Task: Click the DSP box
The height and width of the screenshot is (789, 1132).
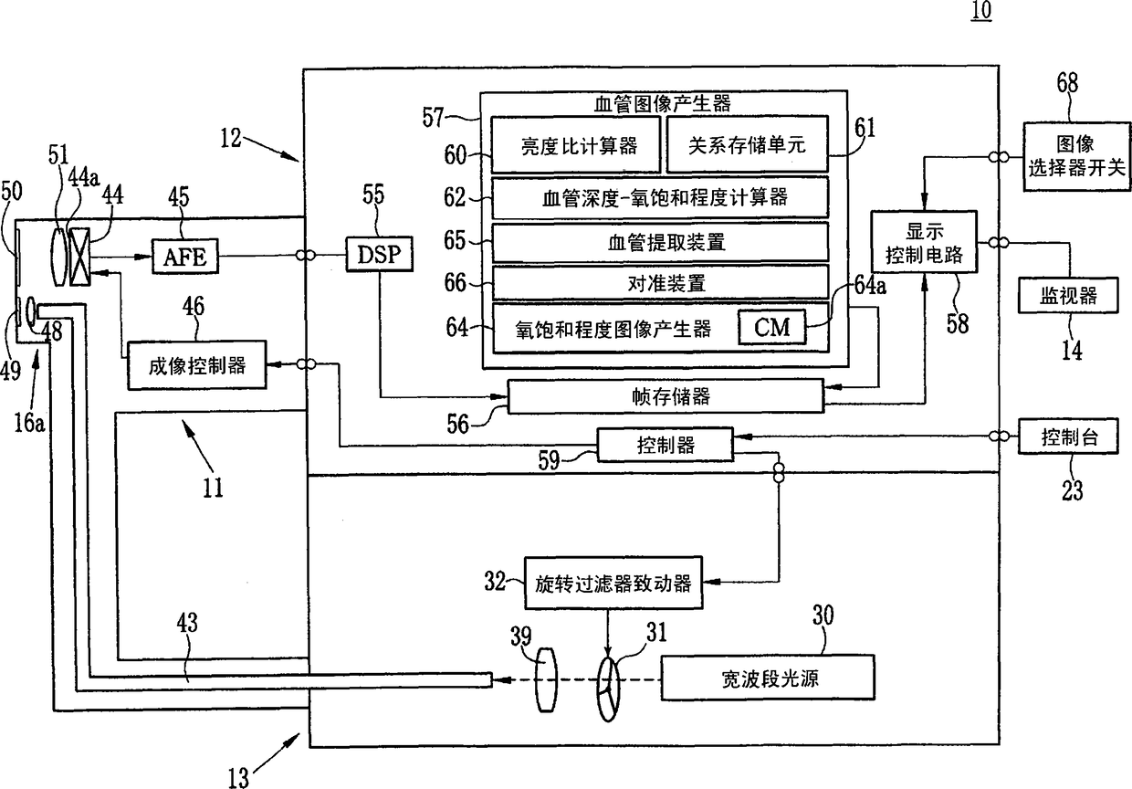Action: tap(379, 255)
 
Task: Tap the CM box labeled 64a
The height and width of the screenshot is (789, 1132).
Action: tap(772, 327)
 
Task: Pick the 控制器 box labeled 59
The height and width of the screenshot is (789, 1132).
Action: tap(665, 444)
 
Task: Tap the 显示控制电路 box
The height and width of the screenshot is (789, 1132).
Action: tap(923, 242)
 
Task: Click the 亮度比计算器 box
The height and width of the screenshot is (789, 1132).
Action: tap(576, 144)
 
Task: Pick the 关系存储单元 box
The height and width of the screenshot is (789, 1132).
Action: tap(748, 144)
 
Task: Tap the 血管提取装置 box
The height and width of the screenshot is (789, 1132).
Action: tap(660, 243)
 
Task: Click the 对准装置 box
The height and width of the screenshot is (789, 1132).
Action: tap(660, 283)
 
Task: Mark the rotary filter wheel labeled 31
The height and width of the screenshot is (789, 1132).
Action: tap(608, 681)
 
